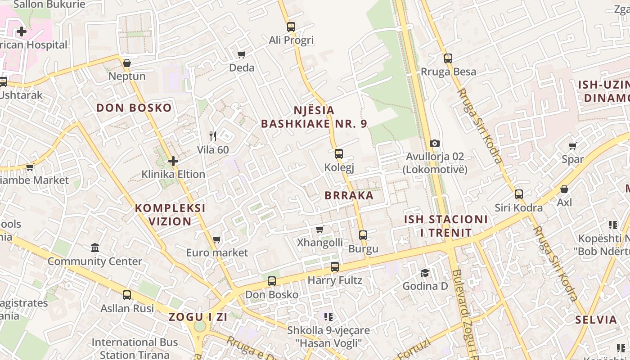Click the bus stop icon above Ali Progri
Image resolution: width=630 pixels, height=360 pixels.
point(291,27)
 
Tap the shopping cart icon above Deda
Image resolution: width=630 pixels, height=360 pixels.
point(242,54)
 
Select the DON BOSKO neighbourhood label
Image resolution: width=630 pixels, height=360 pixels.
point(134,108)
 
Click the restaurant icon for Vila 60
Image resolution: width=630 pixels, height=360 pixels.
point(213,136)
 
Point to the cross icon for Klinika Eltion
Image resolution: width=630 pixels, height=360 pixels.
point(173,161)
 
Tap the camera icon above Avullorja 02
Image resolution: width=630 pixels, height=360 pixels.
point(434,143)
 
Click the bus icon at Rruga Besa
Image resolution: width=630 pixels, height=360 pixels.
point(448,58)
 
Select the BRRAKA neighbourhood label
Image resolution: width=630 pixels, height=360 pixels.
point(349,195)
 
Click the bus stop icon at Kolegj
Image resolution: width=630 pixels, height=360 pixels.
point(339,154)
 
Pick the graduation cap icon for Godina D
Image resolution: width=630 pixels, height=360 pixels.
point(425,273)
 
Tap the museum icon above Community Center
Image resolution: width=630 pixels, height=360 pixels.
point(95,248)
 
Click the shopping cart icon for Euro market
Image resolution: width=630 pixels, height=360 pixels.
point(217,239)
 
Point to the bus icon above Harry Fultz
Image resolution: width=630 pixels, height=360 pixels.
point(334,267)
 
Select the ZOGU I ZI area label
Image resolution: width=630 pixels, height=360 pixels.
point(198,317)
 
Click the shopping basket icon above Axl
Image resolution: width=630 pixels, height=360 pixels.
point(564,189)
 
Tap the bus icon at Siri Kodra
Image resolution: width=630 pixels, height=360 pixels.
point(519,194)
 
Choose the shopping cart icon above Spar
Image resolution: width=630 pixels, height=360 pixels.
point(572,146)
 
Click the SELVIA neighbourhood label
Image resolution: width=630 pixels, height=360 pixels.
point(596,320)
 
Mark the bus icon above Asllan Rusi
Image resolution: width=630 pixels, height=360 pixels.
point(127,295)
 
